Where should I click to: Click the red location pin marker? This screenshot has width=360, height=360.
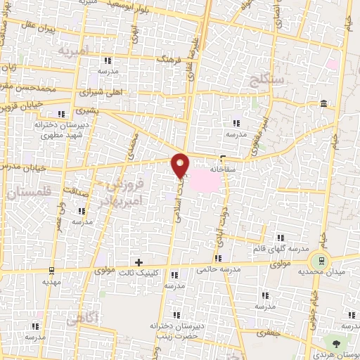click(x=181, y=164)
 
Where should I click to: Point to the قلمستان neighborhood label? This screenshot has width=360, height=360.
click(x=26, y=191)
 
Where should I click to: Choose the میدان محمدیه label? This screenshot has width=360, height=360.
click(x=321, y=271)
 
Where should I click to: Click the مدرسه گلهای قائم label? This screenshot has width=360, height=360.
click(x=282, y=248)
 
